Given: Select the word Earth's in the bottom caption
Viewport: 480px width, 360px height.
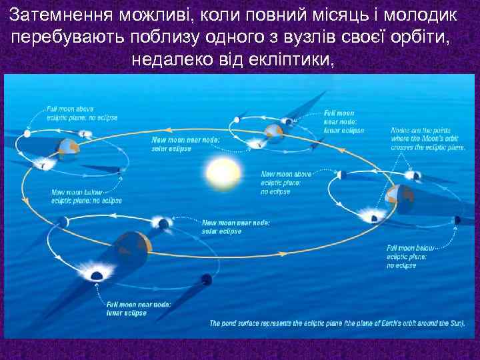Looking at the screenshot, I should [375, 323].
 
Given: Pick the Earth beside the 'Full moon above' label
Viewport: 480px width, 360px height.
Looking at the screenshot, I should [67, 148].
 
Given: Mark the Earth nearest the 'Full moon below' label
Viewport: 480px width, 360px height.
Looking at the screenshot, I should [400, 196].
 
